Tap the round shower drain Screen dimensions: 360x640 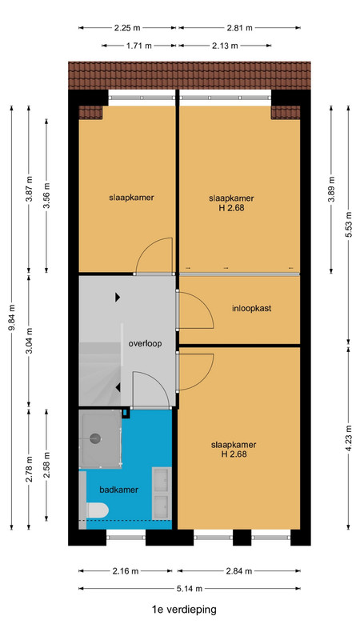(95, 438)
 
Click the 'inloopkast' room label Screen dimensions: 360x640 (251, 309)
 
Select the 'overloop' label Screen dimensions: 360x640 (145, 344)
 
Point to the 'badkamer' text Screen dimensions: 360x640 (118, 490)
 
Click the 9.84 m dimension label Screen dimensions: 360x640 (12, 318)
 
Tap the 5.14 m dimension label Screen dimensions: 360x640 (189, 589)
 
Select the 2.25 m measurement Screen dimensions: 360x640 (127, 28)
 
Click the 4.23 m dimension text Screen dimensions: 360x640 (349, 438)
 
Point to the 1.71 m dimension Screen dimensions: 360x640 (139, 46)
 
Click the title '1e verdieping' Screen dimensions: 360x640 (184, 610)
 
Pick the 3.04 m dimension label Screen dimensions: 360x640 (30, 341)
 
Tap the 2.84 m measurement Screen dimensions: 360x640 (239, 571)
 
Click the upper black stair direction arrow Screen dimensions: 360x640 (118, 298)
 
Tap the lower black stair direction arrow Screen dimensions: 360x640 (118, 388)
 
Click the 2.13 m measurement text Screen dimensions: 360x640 (225, 46)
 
